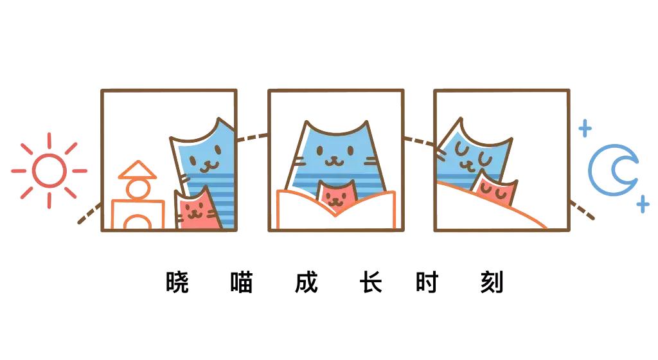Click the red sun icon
pyautogui.click(x=49, y=170)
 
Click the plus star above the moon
pyautogui.click(x=585, y=128)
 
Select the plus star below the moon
pyautogui.click(x=642, y=205)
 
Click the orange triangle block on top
pyautogui.click(x=138, y=170)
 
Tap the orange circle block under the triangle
pyautogui.click(x=138, y=189)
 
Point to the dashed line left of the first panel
pyautogui.click(x=89, y=213)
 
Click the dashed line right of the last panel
pyautogui.click(x=582, y=210)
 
